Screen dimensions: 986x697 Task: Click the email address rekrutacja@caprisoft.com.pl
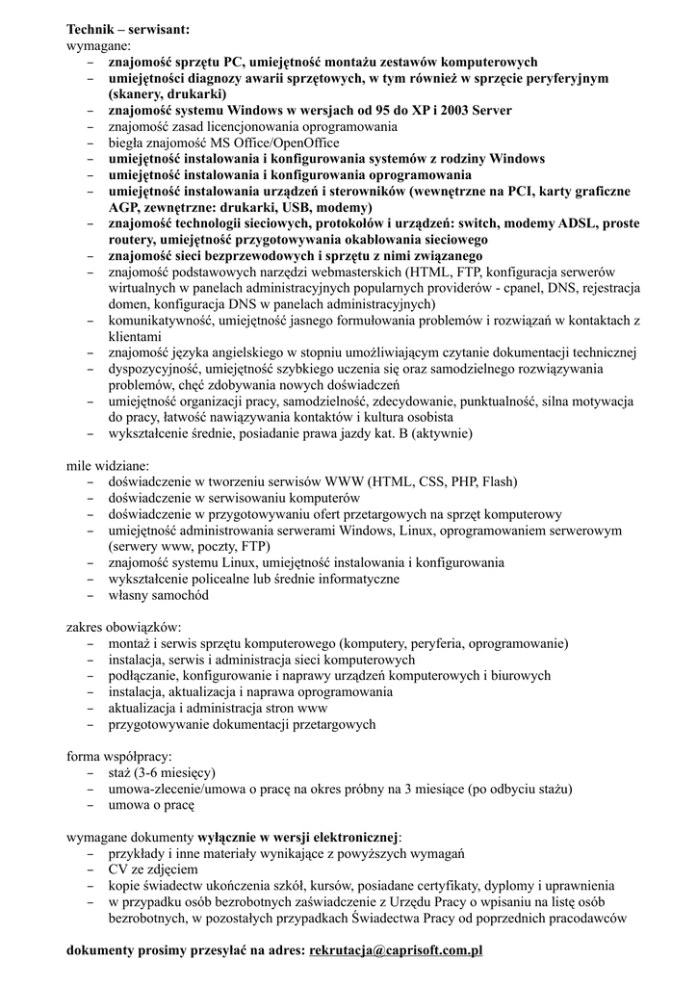click(x=395, y=951)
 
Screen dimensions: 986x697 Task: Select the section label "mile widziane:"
click(x=108, y=465)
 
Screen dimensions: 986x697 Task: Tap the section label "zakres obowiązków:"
click(x=123, y=626)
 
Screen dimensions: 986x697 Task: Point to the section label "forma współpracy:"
click(x=118, y=756)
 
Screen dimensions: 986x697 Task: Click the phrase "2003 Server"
click(x=476, y=111)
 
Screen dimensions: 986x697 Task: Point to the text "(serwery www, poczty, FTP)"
click(x=189, y=547)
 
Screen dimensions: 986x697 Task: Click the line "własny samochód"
click(x=158, y=595)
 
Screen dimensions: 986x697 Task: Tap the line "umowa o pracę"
click(x=152, y=806)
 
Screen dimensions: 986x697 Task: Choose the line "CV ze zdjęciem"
click(x=153, y=870)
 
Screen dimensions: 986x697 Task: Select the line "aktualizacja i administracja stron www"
click(x=218, y=708)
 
